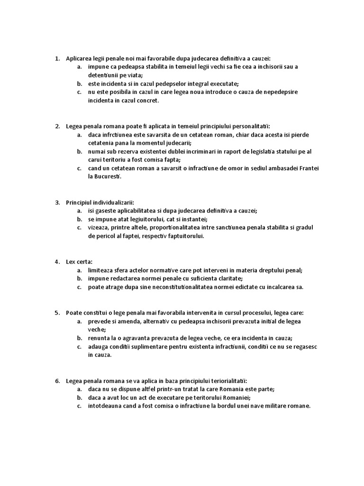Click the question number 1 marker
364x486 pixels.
pyautogui.click(x=57, y=59)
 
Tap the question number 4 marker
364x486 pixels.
pyautogui.click(x=57, y=262)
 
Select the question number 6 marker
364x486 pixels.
pyautogui.click(x=57, y=381)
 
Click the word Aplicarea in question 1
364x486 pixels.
pyautogui.click(x=79, y=59)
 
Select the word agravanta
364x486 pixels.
pyautogui.click(x=146, y=338)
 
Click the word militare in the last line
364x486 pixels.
pyautogui.click(x=273, y=406)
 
